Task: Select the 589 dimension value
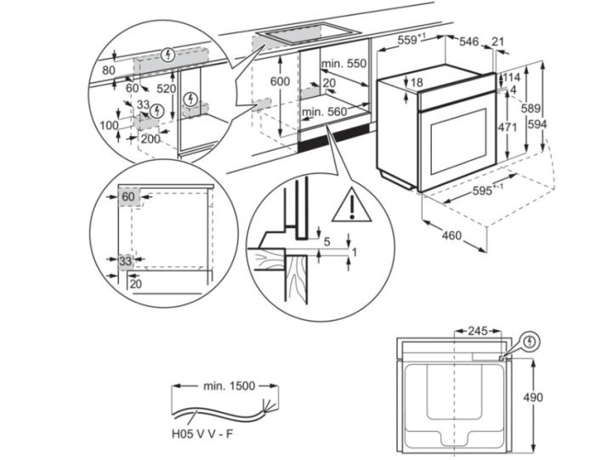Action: [x=531, y=109]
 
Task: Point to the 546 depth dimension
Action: [x=471, y=41]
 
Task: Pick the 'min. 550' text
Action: [x=344, y=63]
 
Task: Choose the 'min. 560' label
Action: [x=324, y=111]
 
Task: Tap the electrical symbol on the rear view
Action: [x=531, y=341]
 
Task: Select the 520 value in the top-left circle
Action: [x=165, y=88]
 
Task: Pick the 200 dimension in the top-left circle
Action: [x=150, y=138]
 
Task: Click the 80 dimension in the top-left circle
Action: [x=108, y=70]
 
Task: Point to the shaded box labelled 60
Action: [x=128, y=197]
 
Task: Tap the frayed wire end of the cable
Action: [x=270, y=402]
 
